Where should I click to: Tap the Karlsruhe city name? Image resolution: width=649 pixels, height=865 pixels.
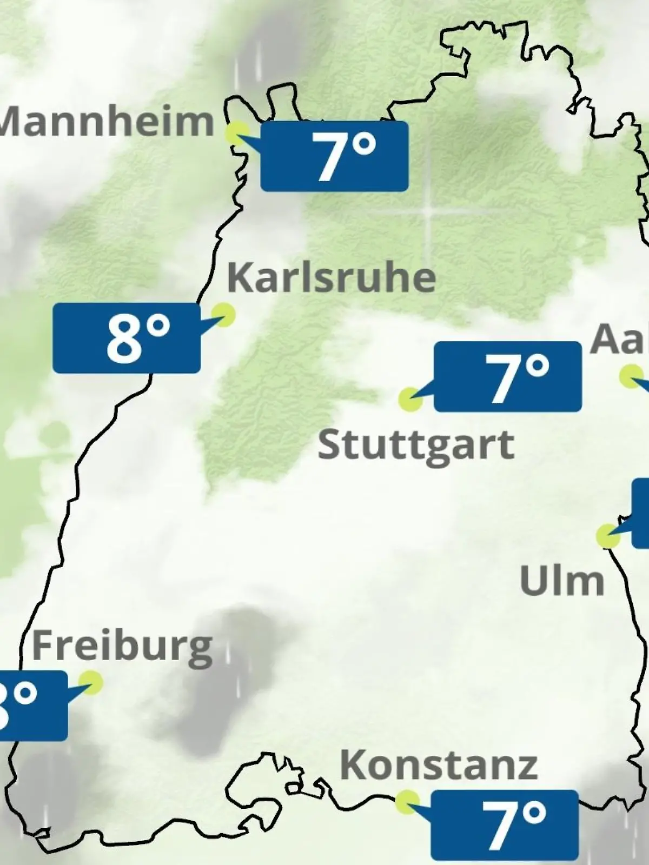pyautogui.click(x=331, y=277)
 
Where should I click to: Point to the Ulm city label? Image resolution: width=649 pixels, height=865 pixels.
pyautogui.click(x=561, y=581)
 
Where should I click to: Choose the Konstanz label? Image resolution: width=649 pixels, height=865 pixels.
pyautogui.click(x=439, y=765)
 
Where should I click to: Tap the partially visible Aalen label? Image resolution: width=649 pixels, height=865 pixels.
pyautogui.click(x=620, y=340)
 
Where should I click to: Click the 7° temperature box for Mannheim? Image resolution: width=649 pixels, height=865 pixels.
pyautogui.click(x=334, y=156)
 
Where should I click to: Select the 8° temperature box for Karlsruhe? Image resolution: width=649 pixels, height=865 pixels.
pyautogui.click(x=127, y=338)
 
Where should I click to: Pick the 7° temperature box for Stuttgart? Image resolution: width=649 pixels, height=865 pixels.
pyautogui.click(x=508, y=376)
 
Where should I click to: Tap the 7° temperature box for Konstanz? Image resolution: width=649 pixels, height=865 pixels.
pyautogui.click(x=505, y=824)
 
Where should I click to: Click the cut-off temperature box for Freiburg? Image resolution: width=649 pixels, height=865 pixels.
pyautogui.click(x=32, y=706)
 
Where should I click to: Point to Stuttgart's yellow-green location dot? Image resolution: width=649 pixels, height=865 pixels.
pyautogui.click(x=410, y=400)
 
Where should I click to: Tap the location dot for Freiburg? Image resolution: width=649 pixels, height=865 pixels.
pyautogui.click(x=90, y=682)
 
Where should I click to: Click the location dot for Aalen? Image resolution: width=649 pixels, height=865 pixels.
pyautogui.click(x=631, y=376)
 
